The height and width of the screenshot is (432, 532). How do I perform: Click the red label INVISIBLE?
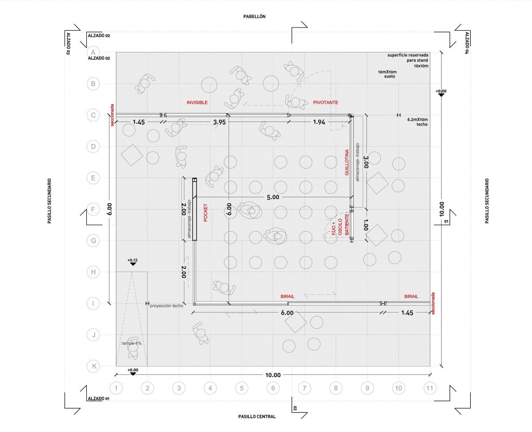tap(197, 103)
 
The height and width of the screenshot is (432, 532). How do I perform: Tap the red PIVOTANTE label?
tap(325, 103)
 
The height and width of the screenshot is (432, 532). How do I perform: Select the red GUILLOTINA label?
tap(347, 163)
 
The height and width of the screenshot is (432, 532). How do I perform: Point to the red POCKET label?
tap(206, 212)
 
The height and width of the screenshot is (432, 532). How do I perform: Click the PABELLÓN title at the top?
tap(255, 17)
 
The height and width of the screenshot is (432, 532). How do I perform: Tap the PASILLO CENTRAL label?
tap(257, 416)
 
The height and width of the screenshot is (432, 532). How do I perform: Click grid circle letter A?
tap(94, 52)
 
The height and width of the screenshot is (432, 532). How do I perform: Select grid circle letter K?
tap(94, 366)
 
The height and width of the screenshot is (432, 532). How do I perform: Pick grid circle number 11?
tap(430, 388)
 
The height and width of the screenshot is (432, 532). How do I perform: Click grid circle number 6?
tap(273, 388)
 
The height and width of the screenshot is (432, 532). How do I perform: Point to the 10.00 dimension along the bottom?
tap(272, 375)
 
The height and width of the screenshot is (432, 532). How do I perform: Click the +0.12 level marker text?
tap(133, 259)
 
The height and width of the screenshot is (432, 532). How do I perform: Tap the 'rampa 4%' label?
tap(132, 343)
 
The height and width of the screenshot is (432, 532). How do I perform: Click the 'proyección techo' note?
tap(166, 306)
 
